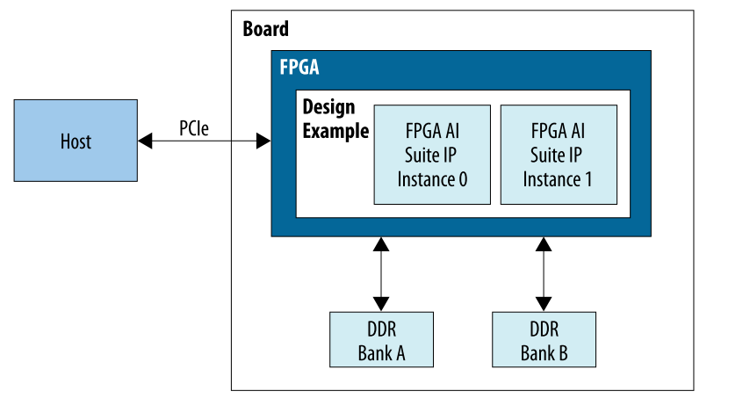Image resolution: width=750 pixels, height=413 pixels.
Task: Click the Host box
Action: [76, 141]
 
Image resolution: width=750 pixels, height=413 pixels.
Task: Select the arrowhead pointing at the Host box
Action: [143, 141]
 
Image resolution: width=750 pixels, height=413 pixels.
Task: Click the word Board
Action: [265, 29]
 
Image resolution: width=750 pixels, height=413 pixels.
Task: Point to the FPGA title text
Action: [299, 69]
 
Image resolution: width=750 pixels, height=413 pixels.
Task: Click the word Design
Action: [328, 107]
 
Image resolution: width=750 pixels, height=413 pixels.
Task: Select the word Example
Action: [335, 132]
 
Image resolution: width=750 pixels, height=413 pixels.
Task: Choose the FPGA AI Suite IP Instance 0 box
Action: [432, 155]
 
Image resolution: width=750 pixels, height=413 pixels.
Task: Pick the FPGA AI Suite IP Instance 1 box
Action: [558, 155]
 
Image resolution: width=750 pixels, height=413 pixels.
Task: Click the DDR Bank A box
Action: [381, 340]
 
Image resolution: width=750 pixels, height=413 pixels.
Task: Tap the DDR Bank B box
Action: [544, 340]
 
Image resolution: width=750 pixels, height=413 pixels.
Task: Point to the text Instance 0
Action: [432, 179]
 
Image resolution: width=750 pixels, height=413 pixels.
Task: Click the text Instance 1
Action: [558, 179]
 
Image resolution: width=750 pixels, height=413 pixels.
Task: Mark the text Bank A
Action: [381, 353]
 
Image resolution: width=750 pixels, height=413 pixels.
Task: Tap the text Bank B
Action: [544, 353]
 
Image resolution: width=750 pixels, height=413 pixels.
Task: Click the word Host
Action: [76, 141]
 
